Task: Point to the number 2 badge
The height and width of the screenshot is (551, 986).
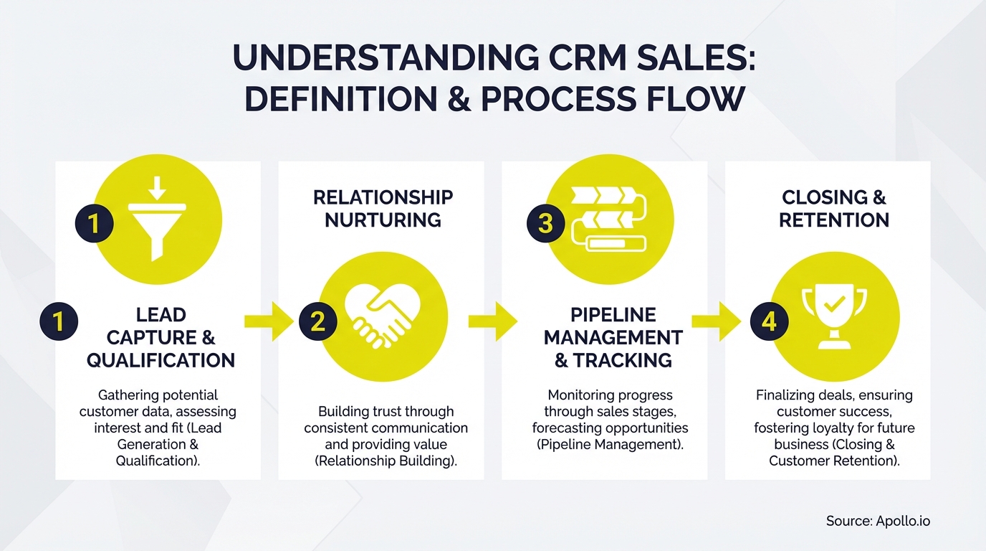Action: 317,321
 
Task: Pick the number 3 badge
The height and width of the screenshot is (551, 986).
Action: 545,223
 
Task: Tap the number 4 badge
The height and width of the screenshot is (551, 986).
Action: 769,321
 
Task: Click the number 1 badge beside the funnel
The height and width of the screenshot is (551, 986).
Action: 94,224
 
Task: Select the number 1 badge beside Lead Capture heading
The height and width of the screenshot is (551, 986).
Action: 59,321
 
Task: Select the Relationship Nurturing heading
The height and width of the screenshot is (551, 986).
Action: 383,208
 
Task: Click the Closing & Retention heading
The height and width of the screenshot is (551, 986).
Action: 833,208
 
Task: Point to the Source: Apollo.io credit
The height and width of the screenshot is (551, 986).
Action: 878,521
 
